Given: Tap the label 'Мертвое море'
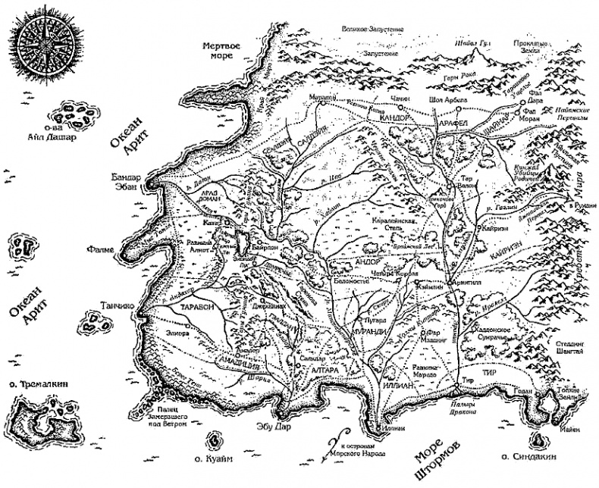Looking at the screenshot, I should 221,52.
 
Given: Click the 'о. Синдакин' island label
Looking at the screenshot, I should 528,458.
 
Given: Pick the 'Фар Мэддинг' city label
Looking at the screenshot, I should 440,336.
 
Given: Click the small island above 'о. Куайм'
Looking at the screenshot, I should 215,441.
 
